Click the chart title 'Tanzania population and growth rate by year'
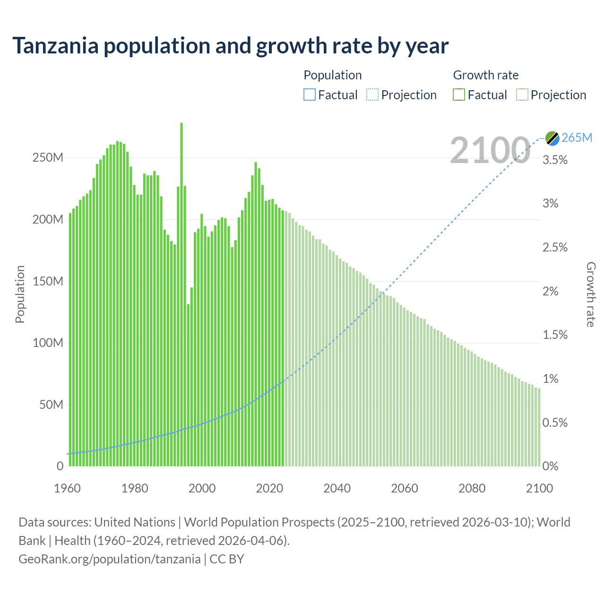click(x=230, y=46)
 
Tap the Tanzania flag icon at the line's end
click(x=552, y=138)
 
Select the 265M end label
click(x=577, y=138)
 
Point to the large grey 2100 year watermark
click(x=490, y=150)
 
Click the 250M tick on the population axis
click(x=48, y=158)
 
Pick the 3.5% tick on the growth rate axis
click(x=555, y=160)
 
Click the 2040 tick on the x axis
click(x=337, y=488)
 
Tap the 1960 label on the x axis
click(x=68, y=488)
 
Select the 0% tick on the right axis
click(x=550, y=467)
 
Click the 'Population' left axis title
click(x=20, y=294)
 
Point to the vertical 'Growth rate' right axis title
click(x=591, y=294)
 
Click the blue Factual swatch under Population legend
click(x=309, y=95)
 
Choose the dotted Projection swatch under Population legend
click(x=372, y=95)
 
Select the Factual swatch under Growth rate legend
click(x=459, y=95)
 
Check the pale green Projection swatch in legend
click(x=522, y=95)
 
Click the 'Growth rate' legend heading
click(x=485, y=75)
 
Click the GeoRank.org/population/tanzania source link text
click(x=109, y=559)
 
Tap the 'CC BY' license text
click(x=227, y=559)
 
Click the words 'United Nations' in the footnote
click(x=135, y=522)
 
